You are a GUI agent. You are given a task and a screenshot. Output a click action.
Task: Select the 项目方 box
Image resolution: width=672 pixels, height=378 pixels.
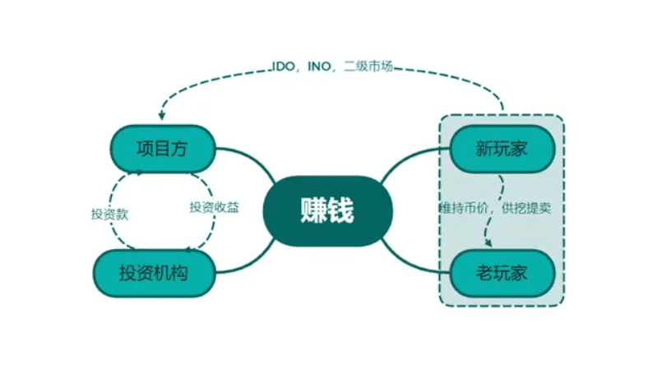coord(162,149)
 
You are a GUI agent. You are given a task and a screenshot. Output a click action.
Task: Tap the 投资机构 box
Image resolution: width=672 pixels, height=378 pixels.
coord(154,274)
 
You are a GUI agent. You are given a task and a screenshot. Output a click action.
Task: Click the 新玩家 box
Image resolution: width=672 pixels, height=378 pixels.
coord(502,149)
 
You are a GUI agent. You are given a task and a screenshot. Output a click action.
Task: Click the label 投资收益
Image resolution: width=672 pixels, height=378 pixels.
coord(214,207)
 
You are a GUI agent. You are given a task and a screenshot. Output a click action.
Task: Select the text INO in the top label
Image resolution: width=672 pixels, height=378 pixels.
coord(319,66)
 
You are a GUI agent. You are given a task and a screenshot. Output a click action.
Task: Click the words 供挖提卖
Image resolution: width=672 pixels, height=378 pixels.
coord(526,208)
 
